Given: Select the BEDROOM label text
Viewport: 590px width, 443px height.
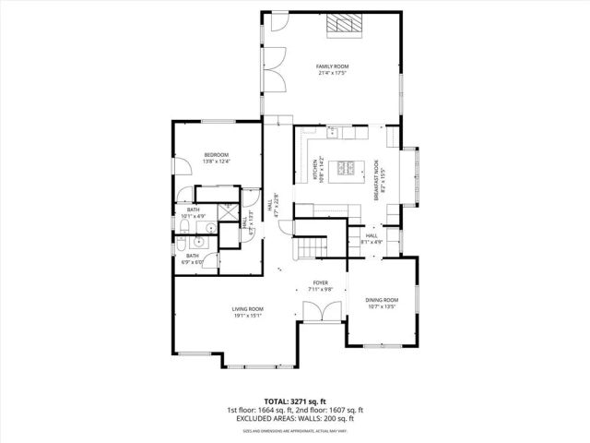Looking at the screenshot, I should pos(216,155).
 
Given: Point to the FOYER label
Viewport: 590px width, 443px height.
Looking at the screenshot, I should pos(320,282).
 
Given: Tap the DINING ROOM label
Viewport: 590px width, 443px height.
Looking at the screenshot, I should pos(382,300).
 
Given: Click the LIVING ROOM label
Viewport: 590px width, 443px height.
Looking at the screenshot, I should pos(247,308).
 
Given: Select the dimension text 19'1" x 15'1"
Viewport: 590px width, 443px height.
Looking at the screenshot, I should pos(247,316).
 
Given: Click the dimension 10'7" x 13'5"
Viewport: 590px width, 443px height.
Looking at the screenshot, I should pos(382,307).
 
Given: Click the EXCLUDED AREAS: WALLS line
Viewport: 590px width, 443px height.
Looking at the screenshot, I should pos(294,418).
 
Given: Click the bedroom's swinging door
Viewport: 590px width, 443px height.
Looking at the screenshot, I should pos(187,195).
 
